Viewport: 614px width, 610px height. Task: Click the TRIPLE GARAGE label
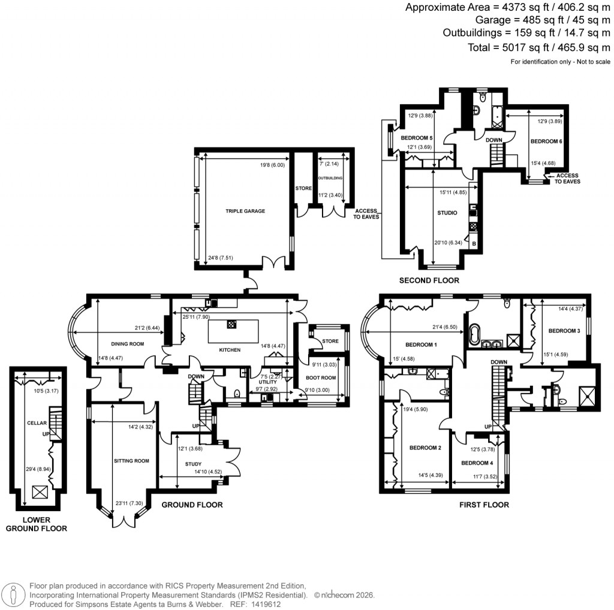pos(245,211)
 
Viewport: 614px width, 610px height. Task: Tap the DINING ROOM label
pos(128,344)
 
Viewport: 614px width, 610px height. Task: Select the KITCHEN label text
pos(230,350)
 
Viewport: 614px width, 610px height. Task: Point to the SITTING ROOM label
pos(131,461)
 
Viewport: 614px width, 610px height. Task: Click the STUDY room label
pos(193,464)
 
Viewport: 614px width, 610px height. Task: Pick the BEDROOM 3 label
pos(564,331)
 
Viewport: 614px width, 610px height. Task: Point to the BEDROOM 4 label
pos(477,463)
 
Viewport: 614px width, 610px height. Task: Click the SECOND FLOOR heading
pos(429,280)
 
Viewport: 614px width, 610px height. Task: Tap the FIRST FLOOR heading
pos(484,505)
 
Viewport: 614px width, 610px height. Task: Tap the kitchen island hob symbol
pos(231,324)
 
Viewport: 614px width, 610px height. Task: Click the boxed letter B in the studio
pos(474,244)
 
